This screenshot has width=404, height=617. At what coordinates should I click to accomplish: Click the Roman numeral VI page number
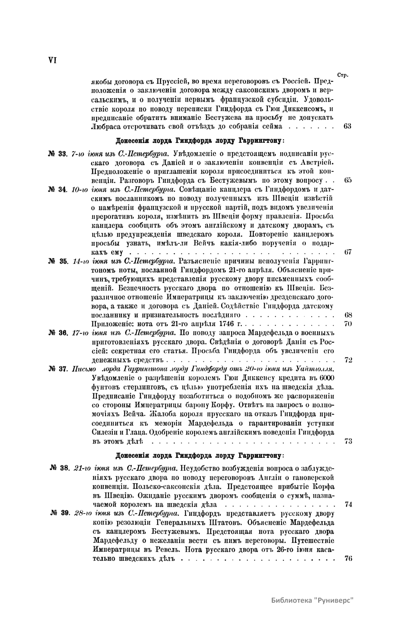[52, 60]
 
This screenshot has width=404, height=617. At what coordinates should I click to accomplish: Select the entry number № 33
[58, 154]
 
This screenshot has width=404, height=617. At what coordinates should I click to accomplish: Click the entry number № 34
[58, 189]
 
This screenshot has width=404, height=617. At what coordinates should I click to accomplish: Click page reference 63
[348, 126]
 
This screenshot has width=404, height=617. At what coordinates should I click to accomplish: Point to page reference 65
[348, 180]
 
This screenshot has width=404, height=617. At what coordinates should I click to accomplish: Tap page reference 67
[348, 252]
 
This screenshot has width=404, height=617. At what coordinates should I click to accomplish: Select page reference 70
[348, 324]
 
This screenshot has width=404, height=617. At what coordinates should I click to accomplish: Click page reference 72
[348, 360]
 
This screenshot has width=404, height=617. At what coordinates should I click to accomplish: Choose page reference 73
[348, 441]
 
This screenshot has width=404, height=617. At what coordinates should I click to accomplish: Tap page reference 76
[348, 558]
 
